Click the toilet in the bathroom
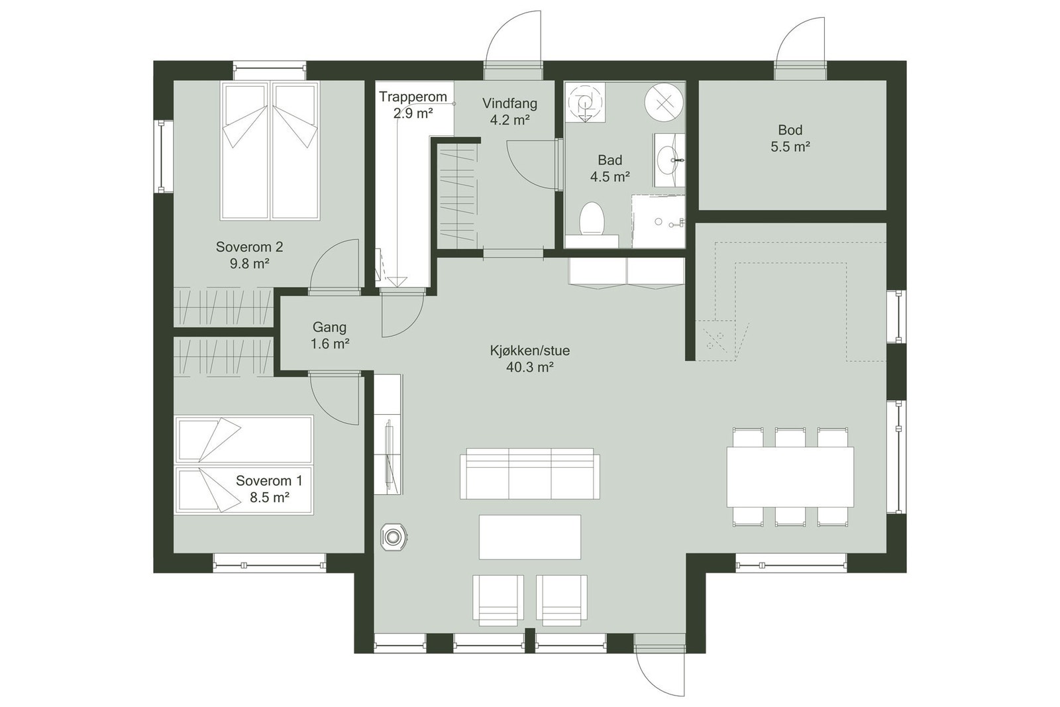pos(591,219)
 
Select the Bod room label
pos(790,130)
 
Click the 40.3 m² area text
pos(529,367)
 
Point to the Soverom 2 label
pos(249,247)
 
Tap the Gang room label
pos(329,327)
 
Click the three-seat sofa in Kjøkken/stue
pos(529,473)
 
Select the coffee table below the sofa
pos(529,537)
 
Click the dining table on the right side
pos(790,477)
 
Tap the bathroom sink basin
pos(666,159)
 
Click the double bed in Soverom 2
pos(270,150)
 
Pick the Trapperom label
pos(413,97)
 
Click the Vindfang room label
pos(509,103)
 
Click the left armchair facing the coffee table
pos(498,599)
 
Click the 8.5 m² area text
pos(269,497)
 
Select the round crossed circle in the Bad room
pos(663,101)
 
